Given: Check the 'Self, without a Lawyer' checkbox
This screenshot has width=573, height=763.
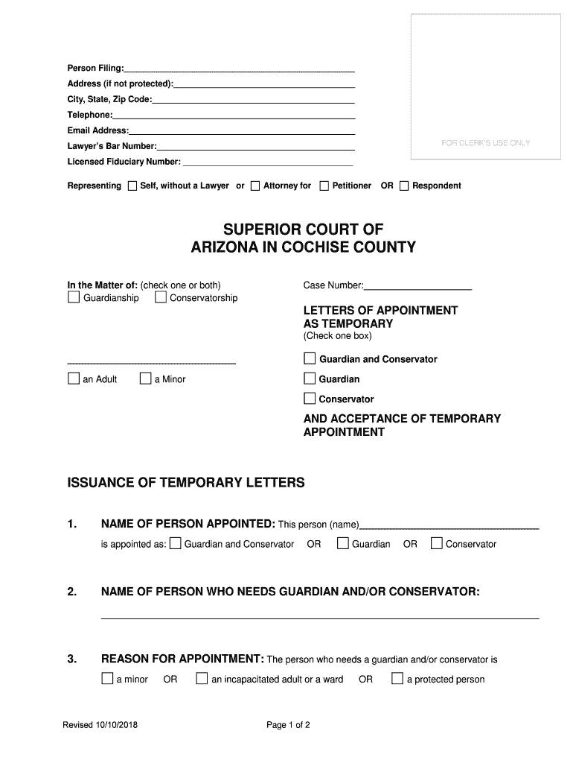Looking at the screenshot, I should (132, 186).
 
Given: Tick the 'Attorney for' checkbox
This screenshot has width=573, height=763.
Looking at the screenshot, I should (255, 186).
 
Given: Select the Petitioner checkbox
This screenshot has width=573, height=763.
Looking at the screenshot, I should (324, 186).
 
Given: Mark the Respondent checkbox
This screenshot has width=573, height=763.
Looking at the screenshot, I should (404, 186).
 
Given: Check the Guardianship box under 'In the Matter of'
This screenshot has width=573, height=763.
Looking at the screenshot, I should (74, 298).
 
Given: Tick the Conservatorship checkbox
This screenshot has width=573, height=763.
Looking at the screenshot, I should (160, 298).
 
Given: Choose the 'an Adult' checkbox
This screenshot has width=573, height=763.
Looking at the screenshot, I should (74, 379).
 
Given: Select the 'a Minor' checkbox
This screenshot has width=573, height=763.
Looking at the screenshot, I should (146, 379).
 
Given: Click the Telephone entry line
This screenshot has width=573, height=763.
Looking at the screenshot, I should (234, 115).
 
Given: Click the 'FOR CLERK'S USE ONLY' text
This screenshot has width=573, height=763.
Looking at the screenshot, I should (486, 143).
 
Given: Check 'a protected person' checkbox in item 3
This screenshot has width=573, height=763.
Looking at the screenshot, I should (397, 679).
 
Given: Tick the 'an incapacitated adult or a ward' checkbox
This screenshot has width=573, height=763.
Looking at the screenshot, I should (202, 679).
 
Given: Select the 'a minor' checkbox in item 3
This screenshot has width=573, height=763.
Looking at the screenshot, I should (107, 679).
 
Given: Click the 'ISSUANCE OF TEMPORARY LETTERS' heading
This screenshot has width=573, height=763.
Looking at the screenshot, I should (186, 483).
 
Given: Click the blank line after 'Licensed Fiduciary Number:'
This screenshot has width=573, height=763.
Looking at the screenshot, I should (267, 162).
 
